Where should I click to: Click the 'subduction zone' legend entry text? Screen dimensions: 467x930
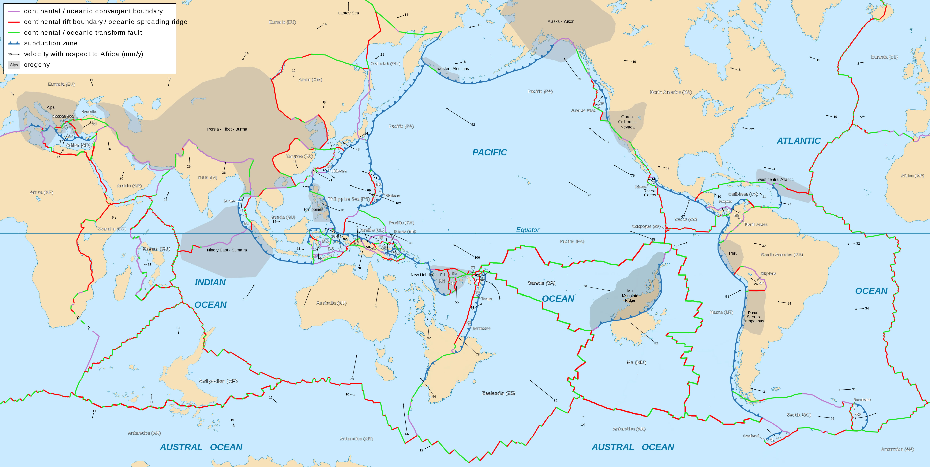pos(51,43)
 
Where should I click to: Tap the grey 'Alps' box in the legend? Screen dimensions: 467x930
pos(14,65)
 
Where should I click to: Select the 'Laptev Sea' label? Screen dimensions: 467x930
pos(348,13)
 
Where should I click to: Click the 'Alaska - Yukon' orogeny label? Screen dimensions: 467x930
pos(561,21)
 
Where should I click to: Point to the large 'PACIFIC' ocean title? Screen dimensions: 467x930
pos(489,152)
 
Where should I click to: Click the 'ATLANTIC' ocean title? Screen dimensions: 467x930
pos(799,141)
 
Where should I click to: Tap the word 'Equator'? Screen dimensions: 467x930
pos(527,230)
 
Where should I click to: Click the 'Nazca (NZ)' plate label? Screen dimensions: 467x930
pos(721,312)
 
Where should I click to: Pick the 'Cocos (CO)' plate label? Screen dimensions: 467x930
pos(686,219)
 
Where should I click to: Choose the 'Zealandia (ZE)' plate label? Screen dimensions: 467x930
pos(498,393)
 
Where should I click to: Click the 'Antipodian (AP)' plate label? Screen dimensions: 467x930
pos(218,381)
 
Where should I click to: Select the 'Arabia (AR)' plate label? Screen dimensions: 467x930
pos(129,186)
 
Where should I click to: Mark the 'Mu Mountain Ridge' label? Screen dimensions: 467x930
pos(630,296)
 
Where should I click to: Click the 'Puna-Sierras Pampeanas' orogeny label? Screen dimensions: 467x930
pos(753,317)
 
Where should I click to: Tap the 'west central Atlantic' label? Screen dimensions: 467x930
pos(775,179)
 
